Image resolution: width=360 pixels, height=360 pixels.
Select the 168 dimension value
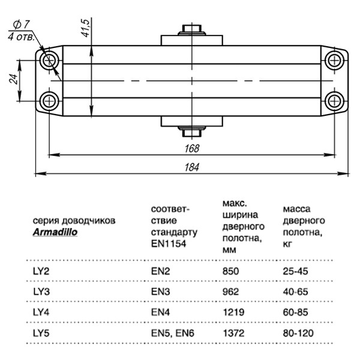tap(192, 148)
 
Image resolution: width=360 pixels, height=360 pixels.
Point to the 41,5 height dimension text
tap(85, 28)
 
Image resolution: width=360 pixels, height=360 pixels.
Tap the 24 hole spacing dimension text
tap(14, 80)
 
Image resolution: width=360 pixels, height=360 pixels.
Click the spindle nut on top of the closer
tap(191, 31)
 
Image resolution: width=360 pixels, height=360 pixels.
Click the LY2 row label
tap(41, 271)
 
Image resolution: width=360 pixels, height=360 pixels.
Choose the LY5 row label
tap(41, 332)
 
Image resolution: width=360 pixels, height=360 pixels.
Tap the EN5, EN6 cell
tap(172, 332)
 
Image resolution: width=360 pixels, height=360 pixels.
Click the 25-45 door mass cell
tap(295, 271)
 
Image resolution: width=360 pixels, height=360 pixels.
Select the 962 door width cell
tap(230, 292)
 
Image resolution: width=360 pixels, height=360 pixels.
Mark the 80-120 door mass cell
tap(298, 332)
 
